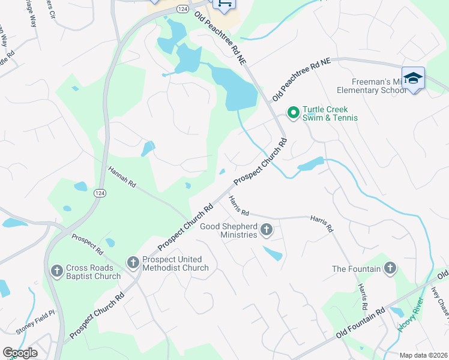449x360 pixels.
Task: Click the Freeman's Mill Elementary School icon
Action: [x=413, y=78]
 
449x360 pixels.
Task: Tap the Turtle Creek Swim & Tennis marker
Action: [x=293, y=112]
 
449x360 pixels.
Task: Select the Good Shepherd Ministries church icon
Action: [x=267, y=230]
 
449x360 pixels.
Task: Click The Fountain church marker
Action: [x=390, y=268]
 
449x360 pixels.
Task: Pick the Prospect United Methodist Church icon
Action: [x=133, y=262]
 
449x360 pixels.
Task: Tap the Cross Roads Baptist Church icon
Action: [x=57, y=271]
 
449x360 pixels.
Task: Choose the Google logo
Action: [x=20, y=353]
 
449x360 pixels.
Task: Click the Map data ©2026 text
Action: [x=423, y=355]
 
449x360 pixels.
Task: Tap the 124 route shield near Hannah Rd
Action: [x=100, y=193]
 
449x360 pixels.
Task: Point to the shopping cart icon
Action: [x=224, y=4]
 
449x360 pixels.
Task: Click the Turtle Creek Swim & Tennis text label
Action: [x=330, y=113]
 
